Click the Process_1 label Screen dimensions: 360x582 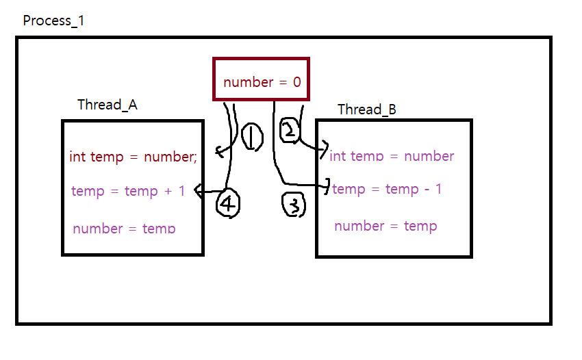(53, 21)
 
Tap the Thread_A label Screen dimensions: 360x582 (107, 104)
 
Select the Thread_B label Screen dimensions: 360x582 (366, 110)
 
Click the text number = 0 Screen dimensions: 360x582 (262, 82)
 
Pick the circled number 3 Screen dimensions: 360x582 (294, 205)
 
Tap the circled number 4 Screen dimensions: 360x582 (228, 203)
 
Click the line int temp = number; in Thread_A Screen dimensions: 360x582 (133, 157)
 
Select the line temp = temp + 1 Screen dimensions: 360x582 (128, 191)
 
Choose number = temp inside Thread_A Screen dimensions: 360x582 (124, 229)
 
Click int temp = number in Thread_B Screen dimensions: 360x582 (392, 156)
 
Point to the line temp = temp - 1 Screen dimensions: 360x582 (387, 189)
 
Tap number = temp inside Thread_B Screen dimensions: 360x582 (385, 226)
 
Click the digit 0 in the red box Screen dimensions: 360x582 (296, 82)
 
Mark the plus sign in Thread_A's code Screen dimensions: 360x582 (168, 191)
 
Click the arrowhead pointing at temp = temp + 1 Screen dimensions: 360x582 (199, 192)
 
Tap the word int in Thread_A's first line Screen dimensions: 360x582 (77, 157)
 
